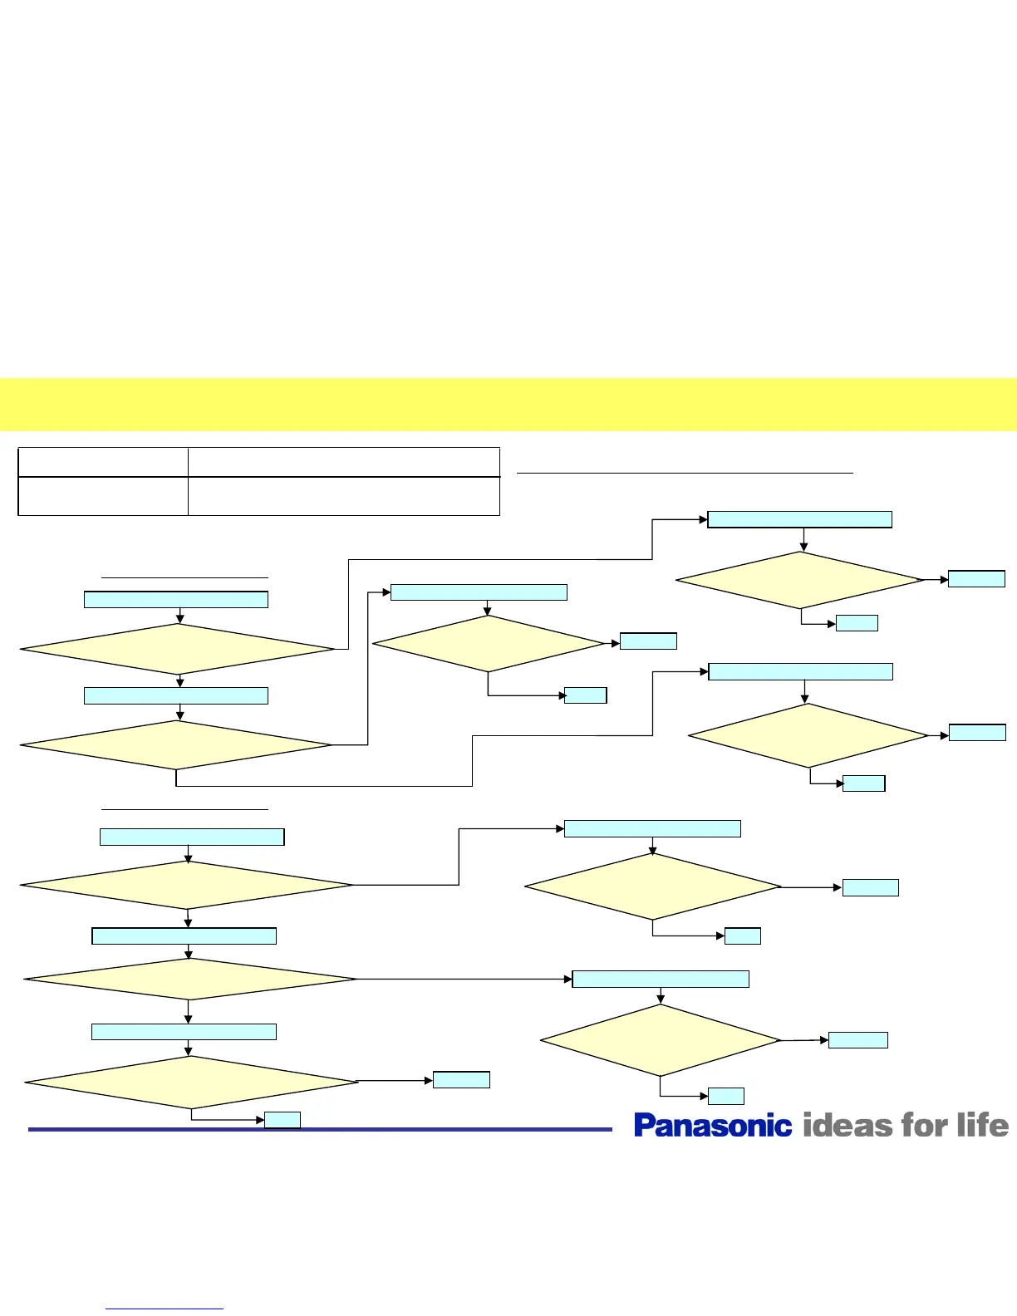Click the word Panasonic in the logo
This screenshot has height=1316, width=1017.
(712, 1126)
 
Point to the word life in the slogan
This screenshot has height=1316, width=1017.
(983, 1126)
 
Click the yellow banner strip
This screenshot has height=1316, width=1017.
(508, 405)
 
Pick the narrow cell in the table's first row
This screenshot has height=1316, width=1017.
(103, 462)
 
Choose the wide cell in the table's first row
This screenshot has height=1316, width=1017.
(343, 462)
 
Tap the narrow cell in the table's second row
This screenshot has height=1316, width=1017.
(103, 496)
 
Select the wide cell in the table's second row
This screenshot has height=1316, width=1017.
(343, 496)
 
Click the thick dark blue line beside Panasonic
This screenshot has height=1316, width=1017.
(320, 1129)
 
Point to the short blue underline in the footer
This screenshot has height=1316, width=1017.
(165, 1309)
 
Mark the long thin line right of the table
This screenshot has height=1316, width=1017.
(685, 473)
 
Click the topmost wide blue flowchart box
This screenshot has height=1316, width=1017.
(799, 519)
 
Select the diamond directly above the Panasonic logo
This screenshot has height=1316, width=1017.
(661, 1040)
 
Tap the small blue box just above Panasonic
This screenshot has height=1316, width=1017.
(725, 1096)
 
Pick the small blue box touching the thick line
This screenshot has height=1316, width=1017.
(282, 1120)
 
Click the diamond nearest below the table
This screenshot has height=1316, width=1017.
(176, 649)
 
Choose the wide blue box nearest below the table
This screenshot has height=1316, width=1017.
(176, 600)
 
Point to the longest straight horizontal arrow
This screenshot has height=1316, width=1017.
(464, 980)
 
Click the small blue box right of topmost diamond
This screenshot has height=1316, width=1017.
(976, 578)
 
